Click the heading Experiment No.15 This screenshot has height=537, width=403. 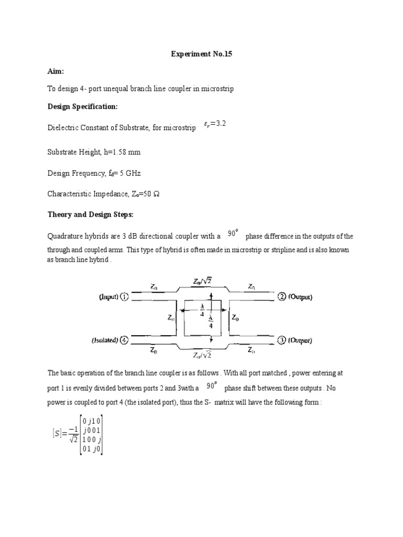(201, 54)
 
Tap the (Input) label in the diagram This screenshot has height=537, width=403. (109, 297)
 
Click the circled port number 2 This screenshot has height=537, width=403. (282, 297)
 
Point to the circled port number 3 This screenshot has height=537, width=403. (282, 340)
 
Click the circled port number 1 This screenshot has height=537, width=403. (124, 297)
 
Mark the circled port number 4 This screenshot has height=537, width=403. (124, 340)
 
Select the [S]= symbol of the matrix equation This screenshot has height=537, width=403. (57, 433)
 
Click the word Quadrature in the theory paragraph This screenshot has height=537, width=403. (66, 236)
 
